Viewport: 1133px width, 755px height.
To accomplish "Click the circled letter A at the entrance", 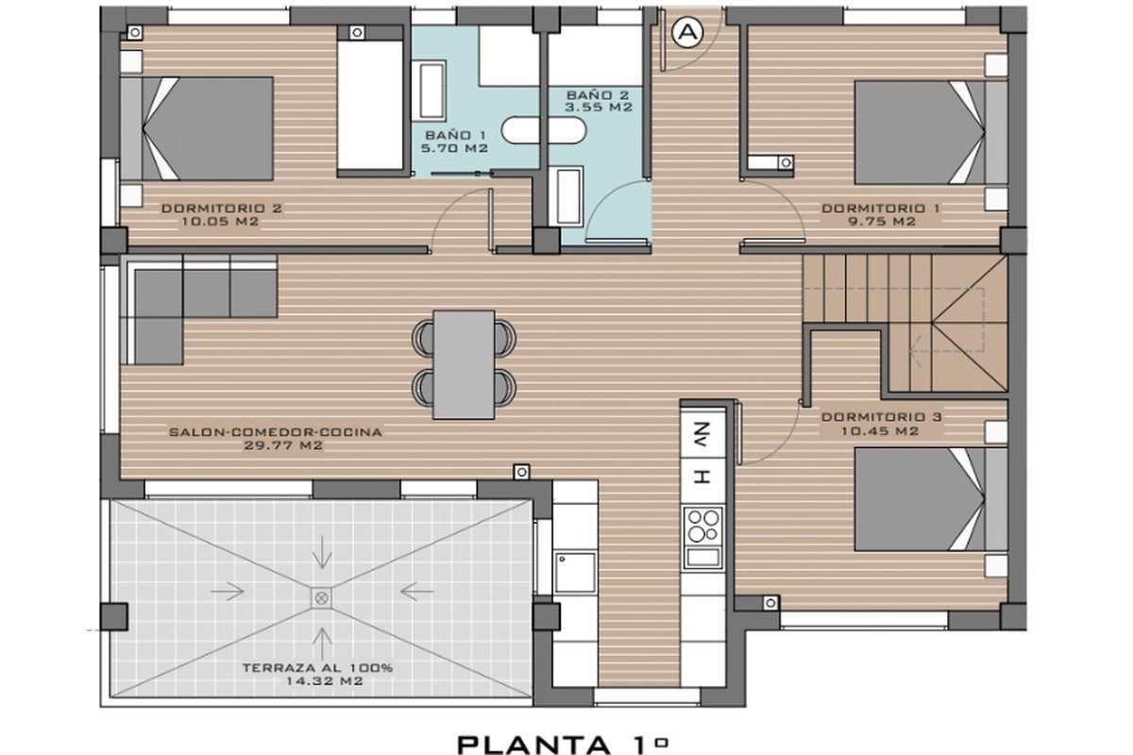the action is point(687,32).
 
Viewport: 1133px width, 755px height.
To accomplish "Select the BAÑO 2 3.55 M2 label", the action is point(598,101).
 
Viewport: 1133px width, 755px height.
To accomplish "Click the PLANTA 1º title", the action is point(563,745).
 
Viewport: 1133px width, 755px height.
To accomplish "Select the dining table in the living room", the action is point(464,364).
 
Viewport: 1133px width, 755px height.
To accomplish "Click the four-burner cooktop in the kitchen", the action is point(703,525).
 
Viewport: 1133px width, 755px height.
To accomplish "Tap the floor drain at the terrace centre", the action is point(321,598).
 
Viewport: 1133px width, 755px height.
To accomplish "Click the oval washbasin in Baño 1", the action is point(544,130).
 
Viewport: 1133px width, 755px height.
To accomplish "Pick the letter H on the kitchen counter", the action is point(701,477).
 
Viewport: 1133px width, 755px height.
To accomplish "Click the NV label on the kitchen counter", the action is point(701,433).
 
